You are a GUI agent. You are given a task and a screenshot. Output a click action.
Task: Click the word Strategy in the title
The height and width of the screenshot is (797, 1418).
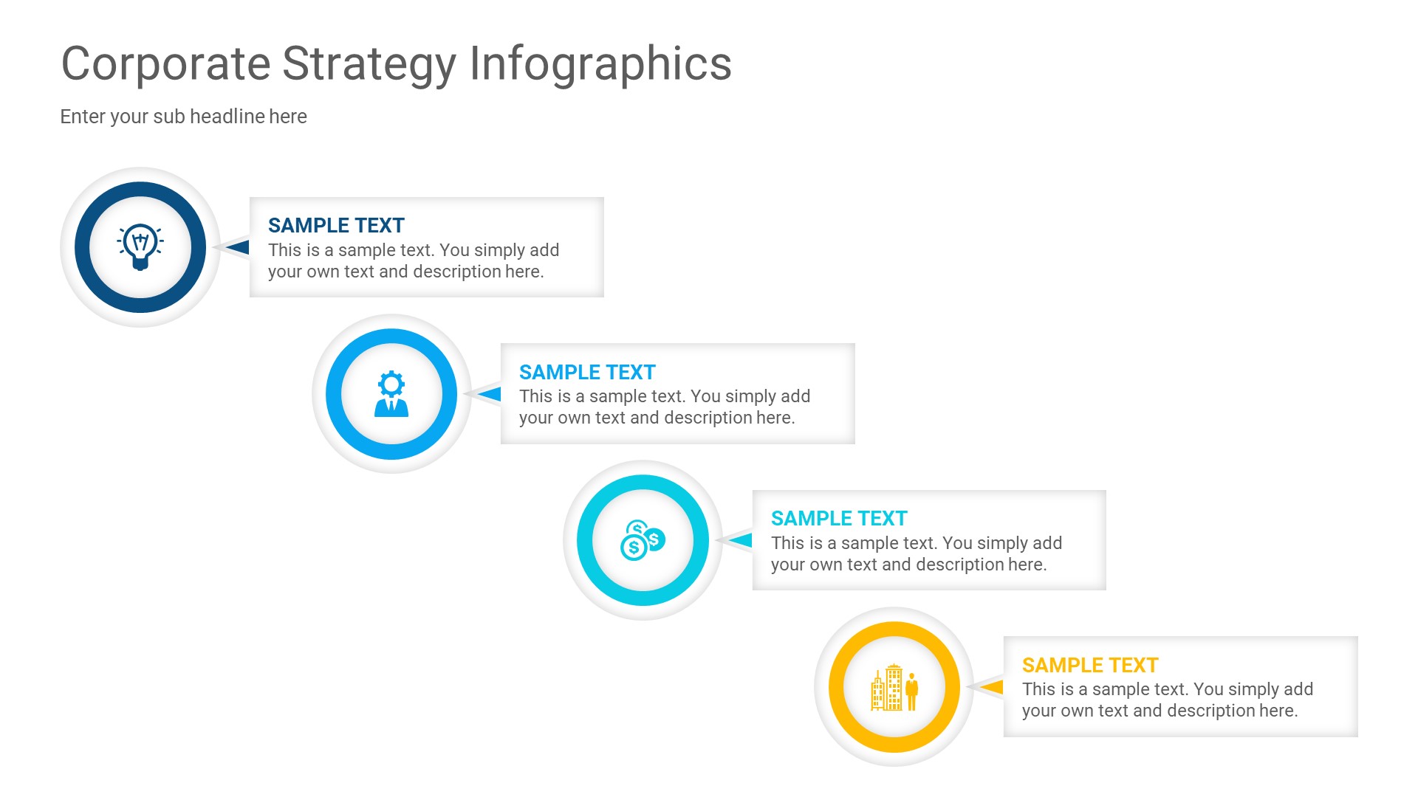(369, 65)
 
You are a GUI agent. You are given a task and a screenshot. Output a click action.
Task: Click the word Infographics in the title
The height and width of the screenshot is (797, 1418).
(600, 65)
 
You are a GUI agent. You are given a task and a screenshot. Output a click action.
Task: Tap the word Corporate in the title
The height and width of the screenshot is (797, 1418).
(165, 65)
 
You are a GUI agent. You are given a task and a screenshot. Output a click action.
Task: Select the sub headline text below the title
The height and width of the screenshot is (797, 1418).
(183, 117)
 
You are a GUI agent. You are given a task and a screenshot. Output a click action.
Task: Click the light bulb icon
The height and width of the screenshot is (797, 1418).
(140, 246)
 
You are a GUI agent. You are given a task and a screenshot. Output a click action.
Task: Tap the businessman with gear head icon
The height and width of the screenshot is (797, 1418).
(391, 393)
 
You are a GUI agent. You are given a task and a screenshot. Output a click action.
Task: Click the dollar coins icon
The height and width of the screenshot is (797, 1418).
(643, 540)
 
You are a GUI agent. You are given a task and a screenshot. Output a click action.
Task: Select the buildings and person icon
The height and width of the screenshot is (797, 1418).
(894, 687)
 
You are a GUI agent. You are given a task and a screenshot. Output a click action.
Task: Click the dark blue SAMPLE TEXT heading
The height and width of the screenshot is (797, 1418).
(336, 225)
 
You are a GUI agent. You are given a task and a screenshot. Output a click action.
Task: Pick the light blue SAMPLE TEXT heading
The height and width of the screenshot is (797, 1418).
(587, 372)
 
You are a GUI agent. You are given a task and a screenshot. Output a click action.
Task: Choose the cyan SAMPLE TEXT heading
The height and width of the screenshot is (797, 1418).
(839, 518)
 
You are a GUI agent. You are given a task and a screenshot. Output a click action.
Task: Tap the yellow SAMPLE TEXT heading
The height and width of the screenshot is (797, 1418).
(1090, 665)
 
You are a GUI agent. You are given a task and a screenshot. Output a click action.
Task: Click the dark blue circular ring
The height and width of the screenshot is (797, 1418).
(83, 247)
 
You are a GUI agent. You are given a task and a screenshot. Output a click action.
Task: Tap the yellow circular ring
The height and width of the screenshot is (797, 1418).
(837, 687)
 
